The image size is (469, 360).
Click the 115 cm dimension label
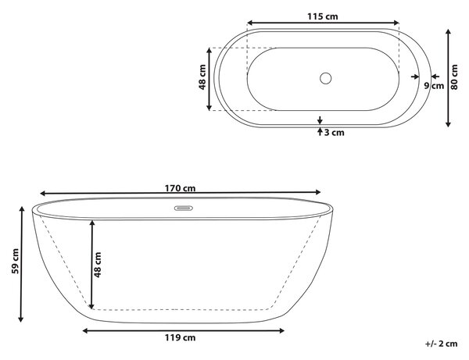[x=322, y=16]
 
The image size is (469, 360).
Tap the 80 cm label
[x=454, y=77]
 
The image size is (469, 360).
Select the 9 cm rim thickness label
[x=434, y=86]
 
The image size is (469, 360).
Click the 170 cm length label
[x=180, y=188]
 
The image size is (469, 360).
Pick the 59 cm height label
[x=16, y=261]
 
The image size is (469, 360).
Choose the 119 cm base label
[x=180, y=337]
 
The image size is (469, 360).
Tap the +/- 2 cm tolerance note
[x=442, y=344]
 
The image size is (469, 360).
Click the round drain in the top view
[x=325, y=78]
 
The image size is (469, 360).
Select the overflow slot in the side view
[x=184, y=208]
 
